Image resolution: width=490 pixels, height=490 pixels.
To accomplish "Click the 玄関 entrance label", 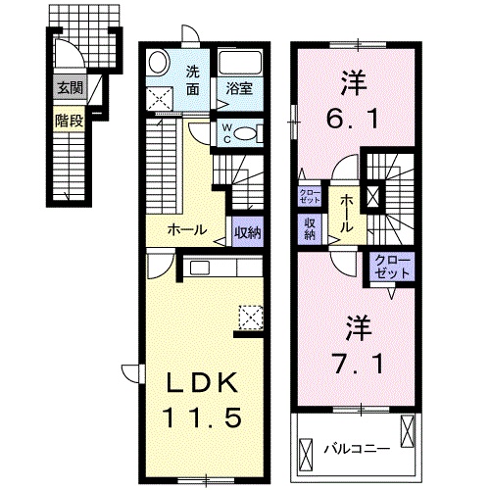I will (69, 87).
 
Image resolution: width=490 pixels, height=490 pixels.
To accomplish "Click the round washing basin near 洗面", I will (158, 66).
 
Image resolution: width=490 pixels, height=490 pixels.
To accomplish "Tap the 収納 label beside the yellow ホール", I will (247, 232).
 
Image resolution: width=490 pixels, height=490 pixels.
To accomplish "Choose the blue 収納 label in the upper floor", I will (309, 227).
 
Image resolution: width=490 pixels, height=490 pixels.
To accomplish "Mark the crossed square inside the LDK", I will (251, 316).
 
